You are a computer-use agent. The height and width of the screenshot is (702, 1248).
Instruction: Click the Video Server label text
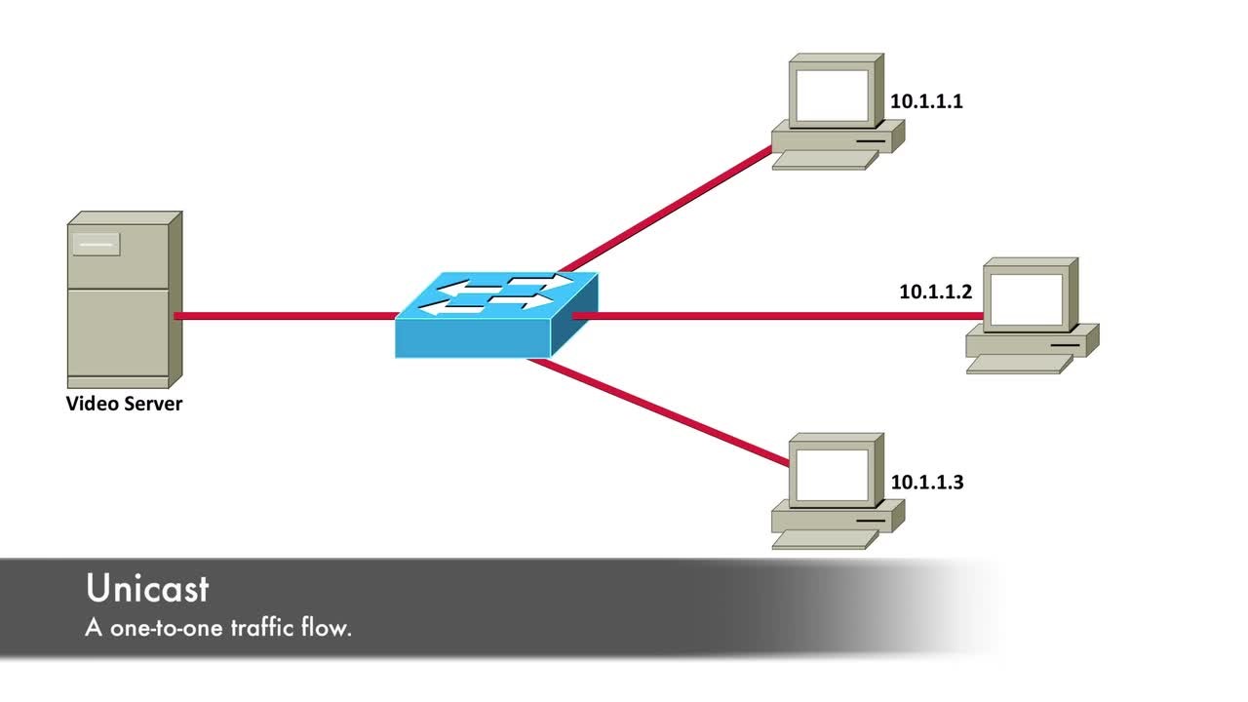124,404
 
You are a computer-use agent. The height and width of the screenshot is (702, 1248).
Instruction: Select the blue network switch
495,314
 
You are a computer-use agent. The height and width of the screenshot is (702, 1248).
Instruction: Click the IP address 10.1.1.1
926,101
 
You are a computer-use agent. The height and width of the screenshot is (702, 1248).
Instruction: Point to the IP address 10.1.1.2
935,291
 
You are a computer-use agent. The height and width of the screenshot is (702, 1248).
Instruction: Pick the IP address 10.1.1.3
926,482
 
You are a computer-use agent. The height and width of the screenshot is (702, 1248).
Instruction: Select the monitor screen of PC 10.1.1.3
829,475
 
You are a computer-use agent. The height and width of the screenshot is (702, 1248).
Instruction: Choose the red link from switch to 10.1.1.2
780,316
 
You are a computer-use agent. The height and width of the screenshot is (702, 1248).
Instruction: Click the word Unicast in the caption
147,589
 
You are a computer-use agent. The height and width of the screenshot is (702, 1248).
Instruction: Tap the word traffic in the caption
260,628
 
